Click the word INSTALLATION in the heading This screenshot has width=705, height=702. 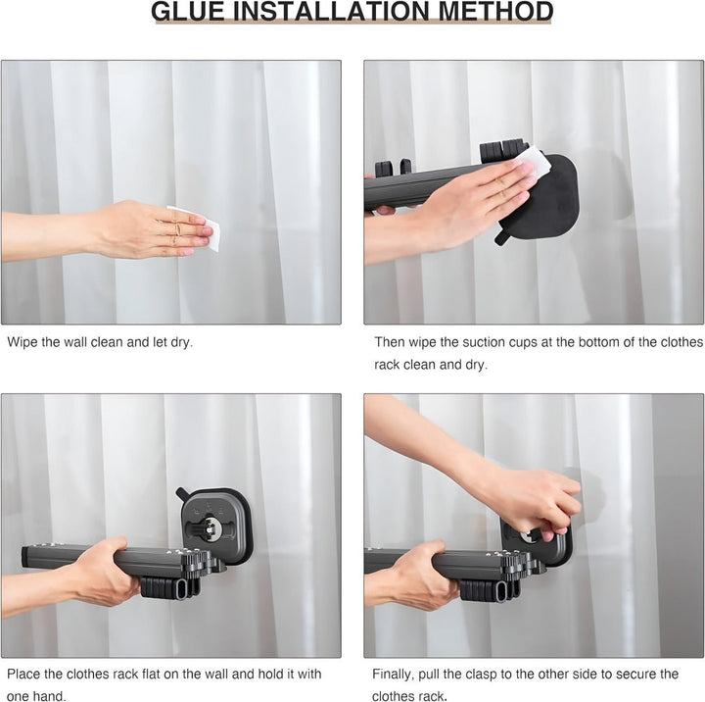(x=331, y=12)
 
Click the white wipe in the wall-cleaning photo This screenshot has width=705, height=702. (x=199, y=227)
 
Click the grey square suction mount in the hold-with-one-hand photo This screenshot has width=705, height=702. (x=215, y=526)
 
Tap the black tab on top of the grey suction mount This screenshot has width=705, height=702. (x=184, y=494)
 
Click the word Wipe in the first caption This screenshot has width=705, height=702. (x=22, y=342)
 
